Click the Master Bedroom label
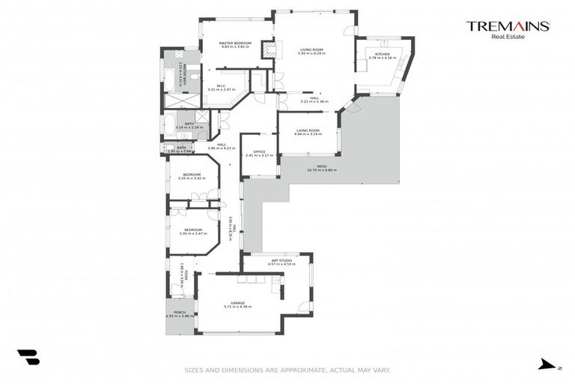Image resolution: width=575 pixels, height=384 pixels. pos(234,43)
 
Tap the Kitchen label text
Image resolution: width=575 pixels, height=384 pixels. pos(383,54)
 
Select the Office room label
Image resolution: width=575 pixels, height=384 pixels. pos(259,151)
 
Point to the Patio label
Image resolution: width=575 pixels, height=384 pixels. pos(321,166)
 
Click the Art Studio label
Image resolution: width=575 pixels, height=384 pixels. pos(281,260)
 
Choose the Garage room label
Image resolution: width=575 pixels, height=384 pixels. pos(237,301)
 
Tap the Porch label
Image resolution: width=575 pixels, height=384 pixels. pos(180,312)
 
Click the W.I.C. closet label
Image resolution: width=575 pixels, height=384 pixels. pos(222,85)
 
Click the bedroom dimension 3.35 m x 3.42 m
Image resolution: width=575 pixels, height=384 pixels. pos(192,178)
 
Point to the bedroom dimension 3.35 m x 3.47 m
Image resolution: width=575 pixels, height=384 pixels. pos(192,234)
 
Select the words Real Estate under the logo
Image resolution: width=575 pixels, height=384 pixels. pos(508,36)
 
